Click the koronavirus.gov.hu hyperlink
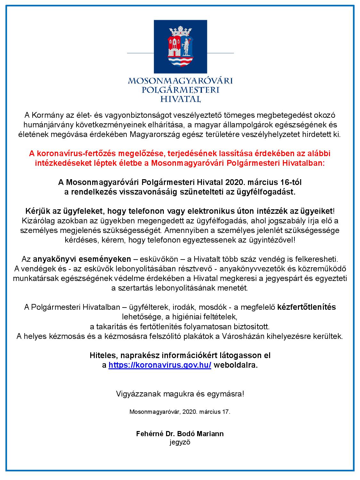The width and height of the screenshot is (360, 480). [160, 365]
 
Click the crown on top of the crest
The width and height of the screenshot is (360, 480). [180, 31]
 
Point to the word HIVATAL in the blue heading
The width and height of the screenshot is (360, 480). [180, 99]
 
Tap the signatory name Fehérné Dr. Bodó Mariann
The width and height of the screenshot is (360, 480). [180, 434]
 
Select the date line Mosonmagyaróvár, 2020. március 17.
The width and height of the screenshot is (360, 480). [180, 412]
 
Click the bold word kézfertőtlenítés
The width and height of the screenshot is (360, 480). [307, 307]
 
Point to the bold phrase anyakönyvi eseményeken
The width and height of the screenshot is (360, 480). [82, 259]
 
